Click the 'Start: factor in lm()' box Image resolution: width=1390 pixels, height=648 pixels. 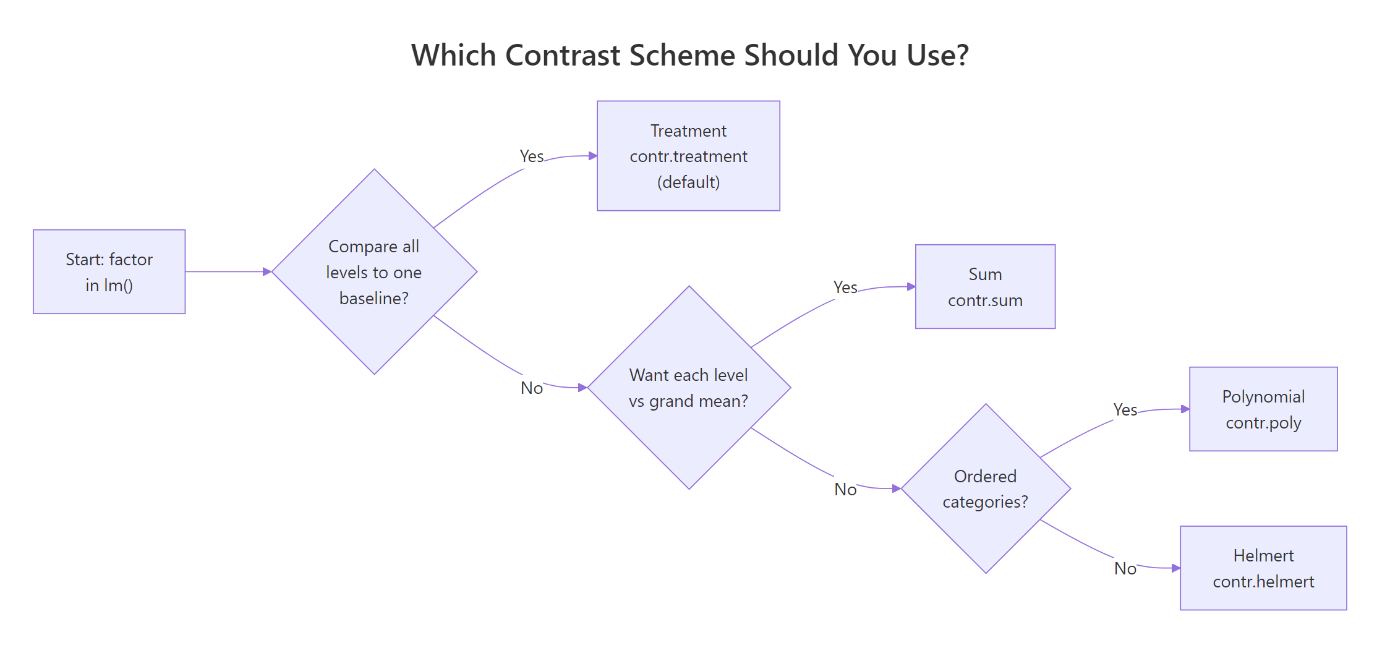point(109,272)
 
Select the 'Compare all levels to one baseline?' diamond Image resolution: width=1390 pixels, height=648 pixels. point(374,272)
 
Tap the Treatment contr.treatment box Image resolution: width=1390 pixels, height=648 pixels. point(688,156)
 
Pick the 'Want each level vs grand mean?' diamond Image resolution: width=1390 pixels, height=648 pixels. point(689,388)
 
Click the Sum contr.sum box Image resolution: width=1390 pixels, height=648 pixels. point(985,287)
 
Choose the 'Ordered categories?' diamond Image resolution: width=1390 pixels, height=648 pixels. point(986,488)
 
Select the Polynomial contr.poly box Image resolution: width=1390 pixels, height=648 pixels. point(1263,409)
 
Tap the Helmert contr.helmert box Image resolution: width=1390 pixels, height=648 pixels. point(1263,568)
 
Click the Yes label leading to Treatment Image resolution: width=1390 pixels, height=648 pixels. point(532,156)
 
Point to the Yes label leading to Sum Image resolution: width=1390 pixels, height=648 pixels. point(845,288)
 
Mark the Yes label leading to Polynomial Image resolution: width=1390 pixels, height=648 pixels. point(1125,410)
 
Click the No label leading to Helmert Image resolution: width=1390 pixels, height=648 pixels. point(1125,569)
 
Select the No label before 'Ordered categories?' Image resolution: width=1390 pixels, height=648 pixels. point(845,490)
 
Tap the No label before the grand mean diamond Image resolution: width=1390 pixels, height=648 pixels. point(532,388)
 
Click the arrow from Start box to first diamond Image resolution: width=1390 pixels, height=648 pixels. point(226,271)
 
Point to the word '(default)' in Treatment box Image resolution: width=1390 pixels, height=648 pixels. point(688,182)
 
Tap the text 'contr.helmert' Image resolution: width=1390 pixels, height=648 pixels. point(1263,582)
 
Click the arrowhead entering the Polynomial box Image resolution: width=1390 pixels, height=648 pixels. point(1185,409)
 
